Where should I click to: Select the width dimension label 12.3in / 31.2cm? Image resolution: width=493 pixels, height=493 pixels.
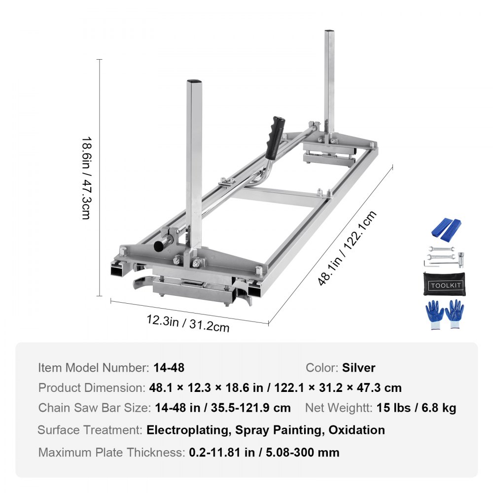(x=187, y=323)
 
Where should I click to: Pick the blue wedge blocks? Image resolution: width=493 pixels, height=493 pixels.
(x=447, y=227)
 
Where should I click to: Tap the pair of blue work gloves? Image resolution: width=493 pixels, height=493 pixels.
(x=444, y=314)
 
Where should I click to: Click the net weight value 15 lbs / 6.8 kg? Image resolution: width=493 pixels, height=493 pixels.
(x=416, y=408)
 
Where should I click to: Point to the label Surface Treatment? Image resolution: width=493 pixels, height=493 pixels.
(x=90, y=429)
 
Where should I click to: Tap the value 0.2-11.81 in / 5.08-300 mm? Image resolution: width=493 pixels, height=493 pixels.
(x=264, y=452)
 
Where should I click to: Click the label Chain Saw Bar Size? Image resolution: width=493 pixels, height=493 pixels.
(x=94, y=408)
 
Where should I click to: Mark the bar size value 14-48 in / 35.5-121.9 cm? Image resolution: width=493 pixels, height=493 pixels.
(x=222, y=408)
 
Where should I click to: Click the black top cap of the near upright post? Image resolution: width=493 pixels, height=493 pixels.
(x=196, y=81)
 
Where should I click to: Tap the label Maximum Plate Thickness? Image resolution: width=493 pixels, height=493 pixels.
(x=111, y=452)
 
